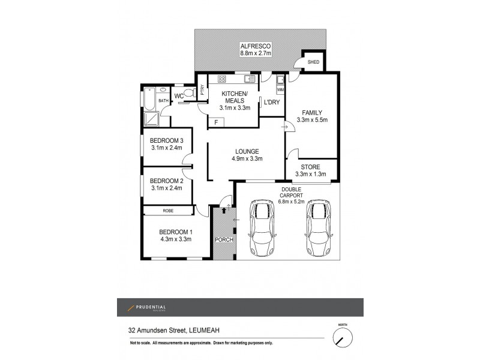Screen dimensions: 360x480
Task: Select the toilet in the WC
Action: coord(190,93)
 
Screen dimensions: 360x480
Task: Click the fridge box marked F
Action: coord(216,122)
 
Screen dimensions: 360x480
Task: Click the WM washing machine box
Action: coord(280,90)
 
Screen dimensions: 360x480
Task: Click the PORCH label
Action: coord(223,240)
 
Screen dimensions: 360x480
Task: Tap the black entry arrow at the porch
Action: coord(224,210)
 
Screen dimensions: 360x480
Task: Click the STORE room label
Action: coord(311,167)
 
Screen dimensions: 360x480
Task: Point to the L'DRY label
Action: coord(271,103)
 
